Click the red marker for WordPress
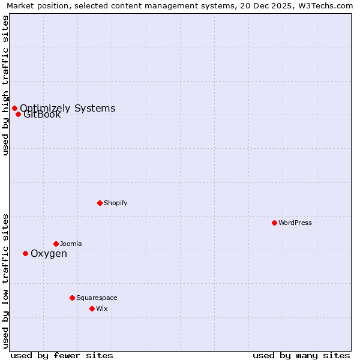274,223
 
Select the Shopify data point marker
100,203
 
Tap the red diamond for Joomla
56,244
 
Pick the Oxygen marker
25,253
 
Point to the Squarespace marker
72,298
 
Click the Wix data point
92,308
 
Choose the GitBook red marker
18,114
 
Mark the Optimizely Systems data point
14,108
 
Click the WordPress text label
295,223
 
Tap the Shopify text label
116,203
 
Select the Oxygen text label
49,253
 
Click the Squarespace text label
97,298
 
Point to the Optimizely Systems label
67,108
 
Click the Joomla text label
71,244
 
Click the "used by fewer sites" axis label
62,355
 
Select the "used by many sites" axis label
301,355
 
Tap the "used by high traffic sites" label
5,85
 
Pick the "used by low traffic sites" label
5,281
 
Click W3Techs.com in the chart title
327,5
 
